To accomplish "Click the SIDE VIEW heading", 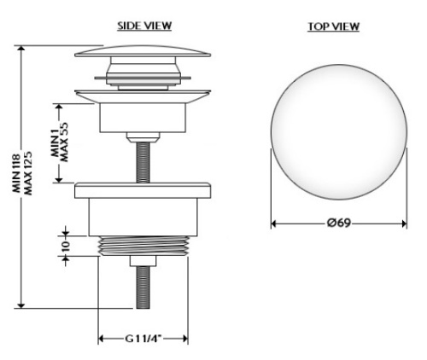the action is coord(144,26).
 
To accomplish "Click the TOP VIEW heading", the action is coord(333,26).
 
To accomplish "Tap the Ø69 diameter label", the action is coord(339,223).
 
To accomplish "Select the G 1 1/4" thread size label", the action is coord(143,339).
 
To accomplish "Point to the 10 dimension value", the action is coord(65,245).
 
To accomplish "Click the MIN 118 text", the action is coord(17,173).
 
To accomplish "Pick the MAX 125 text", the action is coord(28,173).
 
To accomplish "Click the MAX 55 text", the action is coord(64,142).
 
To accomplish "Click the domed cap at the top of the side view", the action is coord(143,51).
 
